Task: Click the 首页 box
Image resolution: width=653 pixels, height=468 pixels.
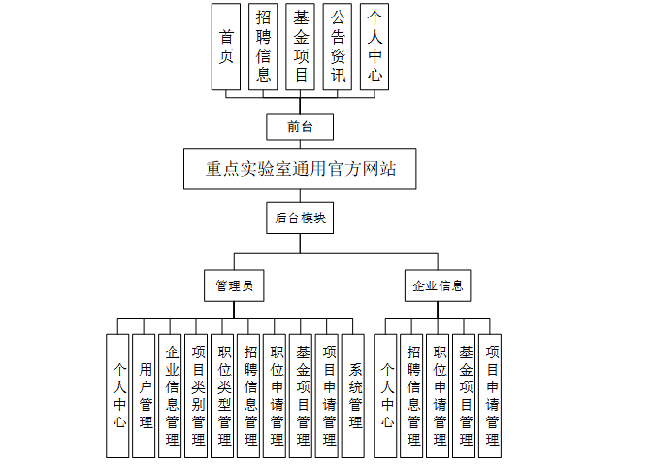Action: pyautogui.click(x=226, y=47)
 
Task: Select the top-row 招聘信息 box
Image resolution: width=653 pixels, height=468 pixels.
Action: pyautogui.click(x=263, y=47)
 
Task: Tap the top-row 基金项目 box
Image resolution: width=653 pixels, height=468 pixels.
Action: pyautogui.click(x=300, y=47)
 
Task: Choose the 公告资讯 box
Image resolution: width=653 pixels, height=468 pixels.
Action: pyautogui.click(x=337, y=47)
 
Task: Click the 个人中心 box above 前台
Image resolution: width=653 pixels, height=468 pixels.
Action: pyautogui.click(x=375, y=47)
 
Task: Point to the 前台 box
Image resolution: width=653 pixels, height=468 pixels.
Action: pyautogui.click(x=300, y=127)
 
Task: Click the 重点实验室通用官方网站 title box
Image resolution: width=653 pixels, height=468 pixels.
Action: pyautogui.click(x=300, y=168)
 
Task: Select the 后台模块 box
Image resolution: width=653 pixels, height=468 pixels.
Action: pyautogui.click(x=300, y=218)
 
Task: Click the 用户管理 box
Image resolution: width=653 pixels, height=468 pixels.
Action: pyautogui.click(x=145, y=395)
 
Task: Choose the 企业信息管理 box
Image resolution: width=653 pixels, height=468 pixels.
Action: pyautogui.click(x=171, y=395)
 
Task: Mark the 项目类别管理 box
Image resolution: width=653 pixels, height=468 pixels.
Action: pyautogui.click(x=197, y=395)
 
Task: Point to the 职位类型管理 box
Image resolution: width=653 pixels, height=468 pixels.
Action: pyautogui.click(x=223, y=395)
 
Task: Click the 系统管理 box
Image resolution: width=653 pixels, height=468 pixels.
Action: pyautogui.click(x=354, y=395)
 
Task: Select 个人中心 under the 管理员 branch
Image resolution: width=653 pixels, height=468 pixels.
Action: pyautogui.click(x=118, y=395)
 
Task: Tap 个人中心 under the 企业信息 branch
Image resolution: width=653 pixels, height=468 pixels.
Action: pyautogui.click(x=386, y=395)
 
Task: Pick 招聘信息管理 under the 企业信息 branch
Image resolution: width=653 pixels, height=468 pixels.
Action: pyautogui.click(x=412, y=395)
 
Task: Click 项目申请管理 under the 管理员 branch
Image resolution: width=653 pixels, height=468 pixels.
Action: pyautogui.click(x=328, y=395)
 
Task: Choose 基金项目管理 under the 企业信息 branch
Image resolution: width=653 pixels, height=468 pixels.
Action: pyautogui.click(x=465, y=395)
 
